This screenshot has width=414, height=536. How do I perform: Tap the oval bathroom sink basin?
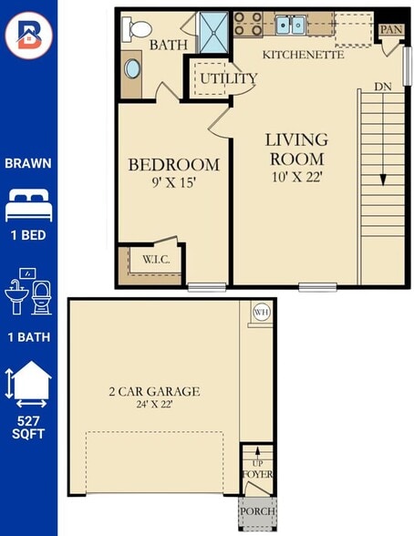pyautogui.click(x=132, y=68)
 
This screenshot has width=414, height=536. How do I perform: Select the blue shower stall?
pyautogui.click(x=213, y=33)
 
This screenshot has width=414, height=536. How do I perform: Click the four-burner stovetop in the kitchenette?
pyautogui.click(x=248, y=24)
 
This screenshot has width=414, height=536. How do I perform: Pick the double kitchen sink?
pyautogui.click(x=290, y=25)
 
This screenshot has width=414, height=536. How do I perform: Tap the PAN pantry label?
pyautogui.click(x=391, y=29)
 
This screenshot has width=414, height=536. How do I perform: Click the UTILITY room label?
pyautogui.click(x=228, y=78)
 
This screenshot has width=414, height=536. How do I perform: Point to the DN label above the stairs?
pyautogui.click(x=383, y=87)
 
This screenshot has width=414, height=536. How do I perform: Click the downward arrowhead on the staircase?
pyautogui.click(x=383, y=180)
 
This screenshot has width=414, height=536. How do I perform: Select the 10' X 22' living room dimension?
pyautogui.click(x=297, y=177)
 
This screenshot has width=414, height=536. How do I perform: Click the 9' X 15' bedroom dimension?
pyautogui.click(x=173, y=182)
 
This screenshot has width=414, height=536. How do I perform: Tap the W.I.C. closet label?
pyautogui.click(x=156, y=260)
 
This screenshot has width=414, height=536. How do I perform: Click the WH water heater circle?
pyautogui.click(x=262, y=312)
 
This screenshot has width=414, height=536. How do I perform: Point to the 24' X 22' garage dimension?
pyautogui.click(x=154, y=405)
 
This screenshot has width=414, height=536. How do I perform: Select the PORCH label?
pyautogui.click(x=257, y=511)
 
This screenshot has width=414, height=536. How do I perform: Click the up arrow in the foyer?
pyautogui.click(x=258, y=452)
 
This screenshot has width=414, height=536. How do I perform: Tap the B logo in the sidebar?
pyautogui.click(x=28, y=36)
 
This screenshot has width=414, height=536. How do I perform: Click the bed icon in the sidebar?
pyautogui.click(x=28, y=205)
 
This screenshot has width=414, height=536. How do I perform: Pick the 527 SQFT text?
pyautogui.click(x=28, y=427)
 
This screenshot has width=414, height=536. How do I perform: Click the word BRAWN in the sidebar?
pyautogui.click(x=28, y=163)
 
